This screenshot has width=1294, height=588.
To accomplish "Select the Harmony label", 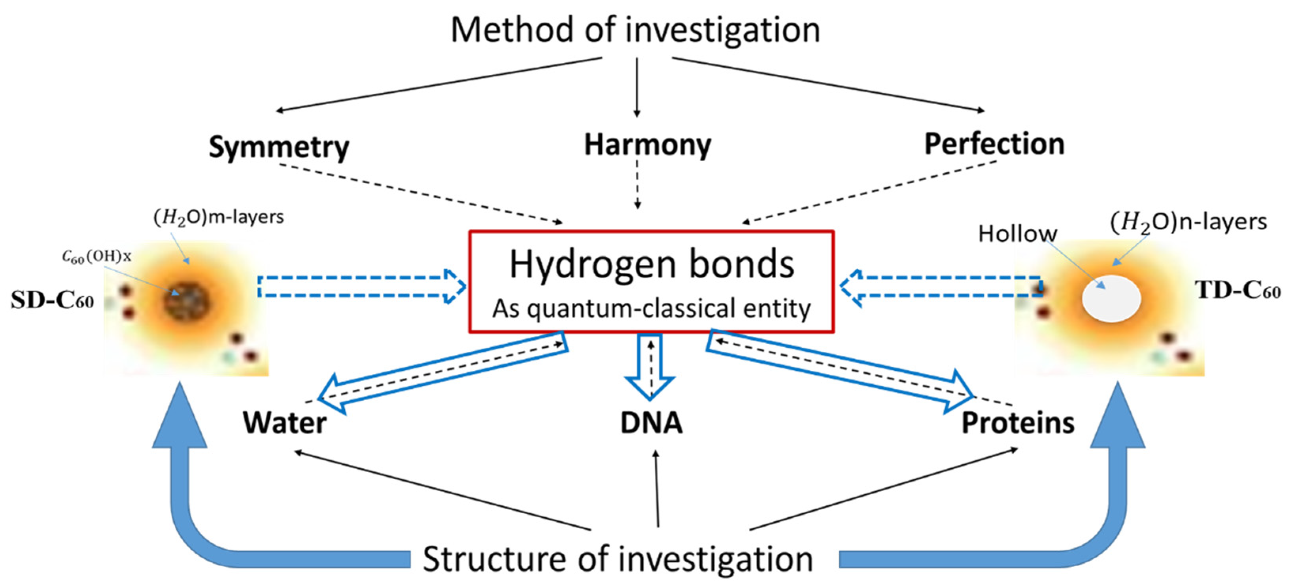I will pos(647,145).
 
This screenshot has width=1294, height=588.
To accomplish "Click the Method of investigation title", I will pos(635,30).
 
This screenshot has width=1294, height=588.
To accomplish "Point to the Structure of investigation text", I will pos(618,559).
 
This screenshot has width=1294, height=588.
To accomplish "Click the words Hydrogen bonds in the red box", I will pos(652,265).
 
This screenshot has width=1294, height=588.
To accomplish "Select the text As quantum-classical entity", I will pos(651,308).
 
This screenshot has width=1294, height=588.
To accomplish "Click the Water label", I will pos(284,423).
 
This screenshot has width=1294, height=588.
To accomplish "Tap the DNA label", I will pos(651,423).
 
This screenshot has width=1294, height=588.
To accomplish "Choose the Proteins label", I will pos(1018,423).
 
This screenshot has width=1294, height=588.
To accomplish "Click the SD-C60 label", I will pos(52,300).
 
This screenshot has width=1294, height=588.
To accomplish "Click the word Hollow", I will pos(1017,234).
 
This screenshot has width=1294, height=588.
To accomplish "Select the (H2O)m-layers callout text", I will pos(219,217).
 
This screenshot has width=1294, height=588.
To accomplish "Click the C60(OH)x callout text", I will pos(96,256).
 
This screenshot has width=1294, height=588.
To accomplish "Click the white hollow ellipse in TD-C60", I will pos(1111,298).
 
